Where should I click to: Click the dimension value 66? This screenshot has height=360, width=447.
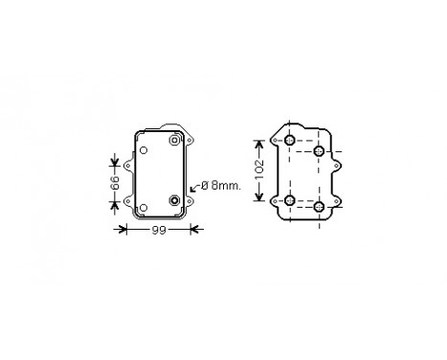113,182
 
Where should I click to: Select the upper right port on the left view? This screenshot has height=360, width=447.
174,142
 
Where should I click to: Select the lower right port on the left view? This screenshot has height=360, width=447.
174,201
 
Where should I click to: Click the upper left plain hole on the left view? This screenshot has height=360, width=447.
144,150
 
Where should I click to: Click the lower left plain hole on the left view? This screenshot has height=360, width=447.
144,207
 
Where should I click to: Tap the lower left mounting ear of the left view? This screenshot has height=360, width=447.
124,202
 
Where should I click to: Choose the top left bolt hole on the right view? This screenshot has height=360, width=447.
289,142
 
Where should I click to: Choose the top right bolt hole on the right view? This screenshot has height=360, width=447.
320,151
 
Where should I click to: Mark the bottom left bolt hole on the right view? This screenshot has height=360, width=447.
289,200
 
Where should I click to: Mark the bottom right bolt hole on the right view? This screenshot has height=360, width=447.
320,207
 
